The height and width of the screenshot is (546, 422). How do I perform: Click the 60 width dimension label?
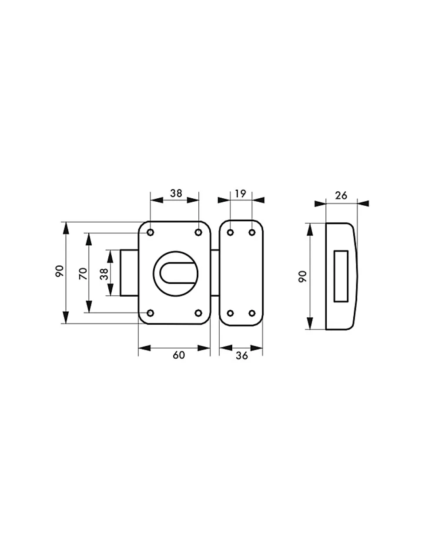click(179, 355)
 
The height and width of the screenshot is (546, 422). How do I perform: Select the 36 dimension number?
click(242, 356)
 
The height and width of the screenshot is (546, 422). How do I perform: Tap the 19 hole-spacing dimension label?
click(241, 194)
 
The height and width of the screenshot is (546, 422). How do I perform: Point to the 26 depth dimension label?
click(341, 196)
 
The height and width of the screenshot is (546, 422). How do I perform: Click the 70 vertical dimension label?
click(83, 274)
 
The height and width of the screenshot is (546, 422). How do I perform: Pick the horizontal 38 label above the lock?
click(176, 193)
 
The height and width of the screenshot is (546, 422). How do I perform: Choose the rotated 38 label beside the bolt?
click(104, 274)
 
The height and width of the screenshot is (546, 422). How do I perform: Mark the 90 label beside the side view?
click(303, 277)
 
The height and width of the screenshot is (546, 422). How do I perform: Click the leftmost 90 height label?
click(60, 271)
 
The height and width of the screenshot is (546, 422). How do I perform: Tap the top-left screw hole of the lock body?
click(151, 232)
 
